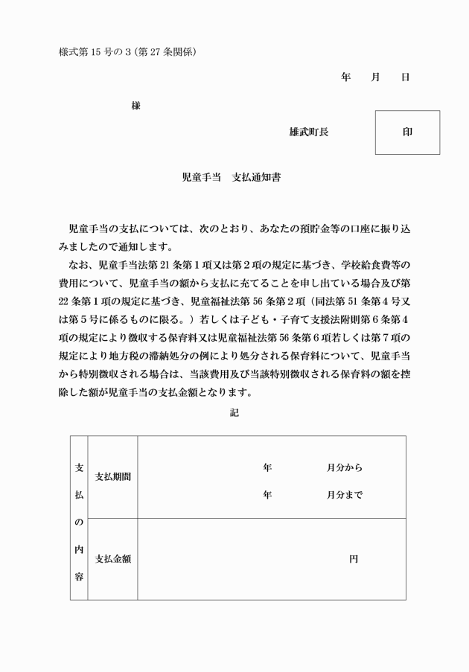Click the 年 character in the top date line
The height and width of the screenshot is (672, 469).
point(345,77)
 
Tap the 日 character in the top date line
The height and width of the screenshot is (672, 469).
point(405,77)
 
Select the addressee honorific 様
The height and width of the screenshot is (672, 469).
point(135,106)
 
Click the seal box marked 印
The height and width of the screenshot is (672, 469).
point(407,132)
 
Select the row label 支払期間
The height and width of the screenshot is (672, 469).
point(113,476)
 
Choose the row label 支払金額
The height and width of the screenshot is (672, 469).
point(113,559)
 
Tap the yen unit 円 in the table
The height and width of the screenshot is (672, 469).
point(353,559)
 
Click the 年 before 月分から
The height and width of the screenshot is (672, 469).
point(267,468)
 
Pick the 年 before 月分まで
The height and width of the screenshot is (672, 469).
point(267,494)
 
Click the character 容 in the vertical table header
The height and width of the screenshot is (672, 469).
point(78,577)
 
